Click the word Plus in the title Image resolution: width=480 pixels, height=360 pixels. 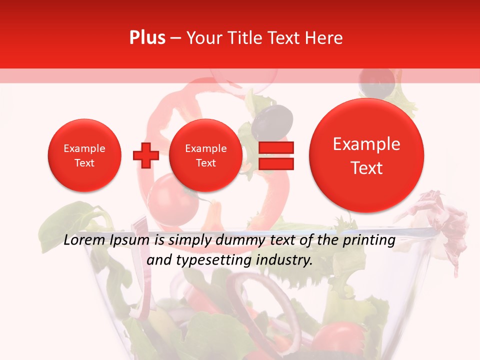point(147,38)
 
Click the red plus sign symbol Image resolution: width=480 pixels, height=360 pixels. point(145,155)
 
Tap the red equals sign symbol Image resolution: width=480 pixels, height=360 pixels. point(275,155)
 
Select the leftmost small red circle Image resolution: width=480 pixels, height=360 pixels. point(84,155)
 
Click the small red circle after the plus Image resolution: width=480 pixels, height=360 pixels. point(205,155)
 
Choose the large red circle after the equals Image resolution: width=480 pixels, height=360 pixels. point(366,155)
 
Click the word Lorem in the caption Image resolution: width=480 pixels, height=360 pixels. point(84,240)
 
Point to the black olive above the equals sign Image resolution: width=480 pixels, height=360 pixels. point(272,120)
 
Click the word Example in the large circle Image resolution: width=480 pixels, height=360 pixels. point(366,144)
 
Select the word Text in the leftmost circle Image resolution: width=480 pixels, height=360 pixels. point(84,163)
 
